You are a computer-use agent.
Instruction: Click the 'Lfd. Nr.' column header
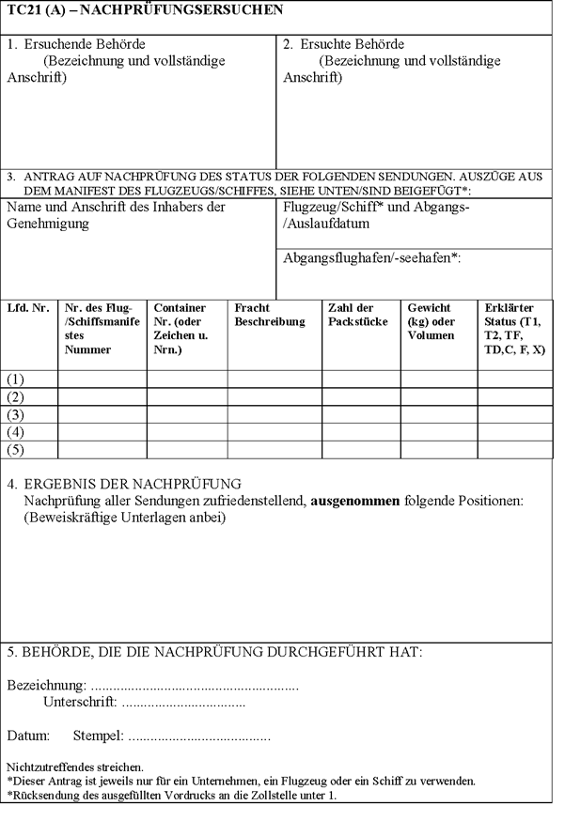27,308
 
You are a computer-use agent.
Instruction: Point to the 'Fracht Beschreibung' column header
270,315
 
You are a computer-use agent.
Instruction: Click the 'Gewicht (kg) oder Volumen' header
432,321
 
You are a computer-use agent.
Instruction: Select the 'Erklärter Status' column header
513,328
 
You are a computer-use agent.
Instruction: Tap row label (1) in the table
15,379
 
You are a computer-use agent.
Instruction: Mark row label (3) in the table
15,414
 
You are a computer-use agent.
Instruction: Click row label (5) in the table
15,449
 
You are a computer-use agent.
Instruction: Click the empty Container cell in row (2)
186,396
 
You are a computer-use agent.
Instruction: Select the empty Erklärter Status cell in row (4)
515,432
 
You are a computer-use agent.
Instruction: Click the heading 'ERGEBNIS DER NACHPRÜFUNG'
133,484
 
